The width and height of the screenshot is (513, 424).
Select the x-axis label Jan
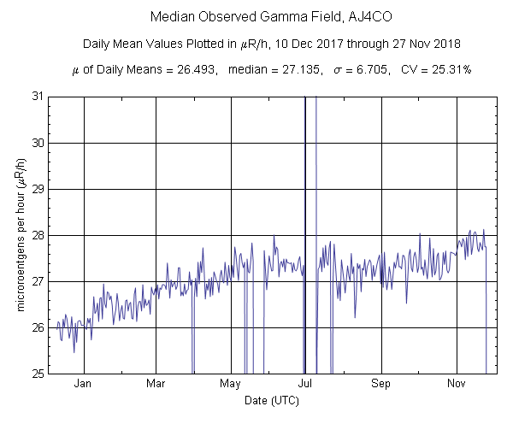point(83,385)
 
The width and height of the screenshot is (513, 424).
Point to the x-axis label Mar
point(156,385)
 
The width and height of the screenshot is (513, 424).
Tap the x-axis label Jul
point(305,385)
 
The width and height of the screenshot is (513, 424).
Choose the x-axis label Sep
point(381,385)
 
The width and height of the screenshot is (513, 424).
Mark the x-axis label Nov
point(457,385)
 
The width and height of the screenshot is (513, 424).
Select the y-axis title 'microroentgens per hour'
point(21,235)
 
